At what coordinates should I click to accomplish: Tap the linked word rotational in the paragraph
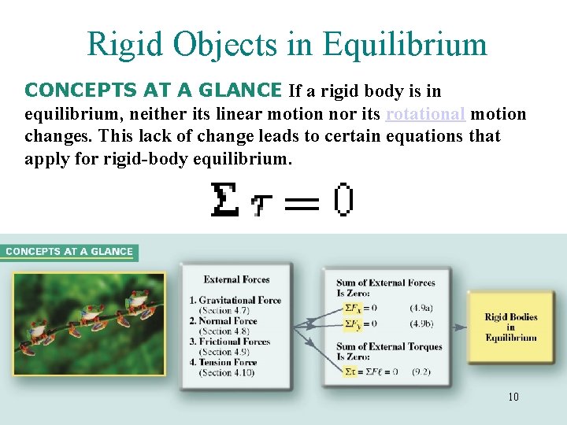click(x=426, y=114)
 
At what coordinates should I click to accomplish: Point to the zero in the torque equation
click(x=343, y=201)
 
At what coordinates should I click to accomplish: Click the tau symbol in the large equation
click(x=260, y=205)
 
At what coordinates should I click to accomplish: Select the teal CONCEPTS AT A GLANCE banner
click(x=69, y=252)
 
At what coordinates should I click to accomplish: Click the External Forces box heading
click(x=236, y=279)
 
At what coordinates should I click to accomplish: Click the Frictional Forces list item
click(x=234, y=342)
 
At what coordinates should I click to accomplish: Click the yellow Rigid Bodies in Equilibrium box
click(x=510, y=327)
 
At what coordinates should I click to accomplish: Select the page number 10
click(x=513, y=397)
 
